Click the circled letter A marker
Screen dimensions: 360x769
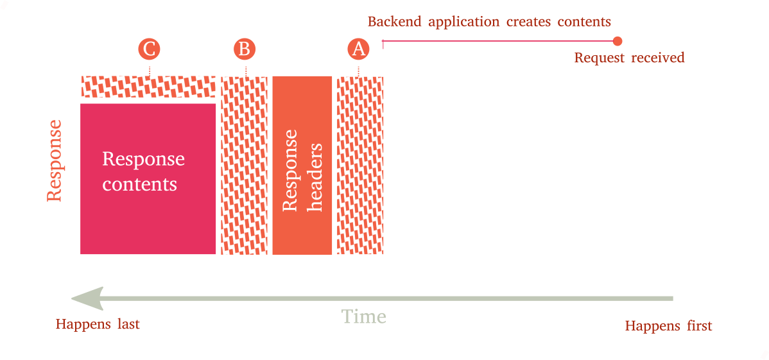tap(358, 49)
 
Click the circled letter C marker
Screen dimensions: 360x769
tap(149, 49)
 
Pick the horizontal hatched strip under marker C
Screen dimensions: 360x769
tap(148, 86)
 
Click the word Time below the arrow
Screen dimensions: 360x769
tap(363, 317)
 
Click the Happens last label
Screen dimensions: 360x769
tap(98, 325)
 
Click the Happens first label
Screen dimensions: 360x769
tap(668, 326)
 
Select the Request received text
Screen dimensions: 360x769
tap(629, 58)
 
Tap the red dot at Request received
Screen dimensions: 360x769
tap(618, 41)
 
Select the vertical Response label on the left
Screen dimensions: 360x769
tap(55, 160)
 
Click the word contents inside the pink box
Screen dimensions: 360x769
tap(140, 185)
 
